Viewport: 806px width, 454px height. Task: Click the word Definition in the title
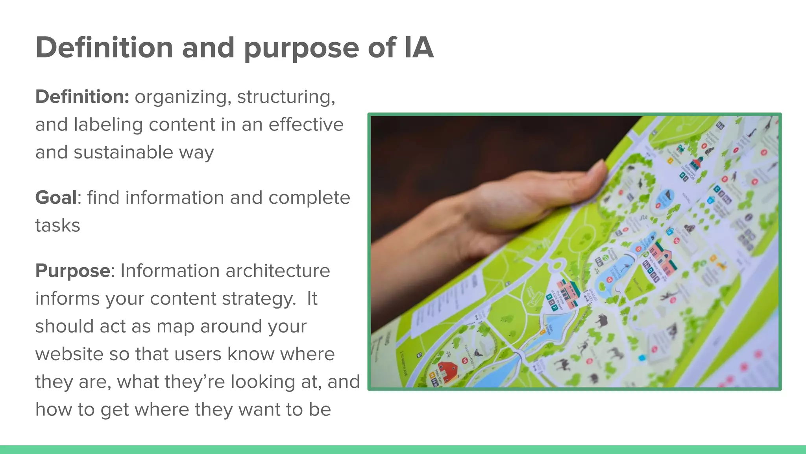(104, 48)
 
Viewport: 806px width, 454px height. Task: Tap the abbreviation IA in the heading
(418, 48)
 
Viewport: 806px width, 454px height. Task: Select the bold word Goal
(56, 197)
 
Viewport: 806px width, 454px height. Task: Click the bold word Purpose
(73, 271)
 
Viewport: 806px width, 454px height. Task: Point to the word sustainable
(123, 153)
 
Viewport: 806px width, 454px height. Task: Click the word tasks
(57, 225)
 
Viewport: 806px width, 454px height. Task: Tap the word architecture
(277, 271)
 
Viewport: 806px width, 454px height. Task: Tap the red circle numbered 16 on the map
(464, 360)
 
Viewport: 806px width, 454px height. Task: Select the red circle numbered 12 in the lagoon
(610, 279)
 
